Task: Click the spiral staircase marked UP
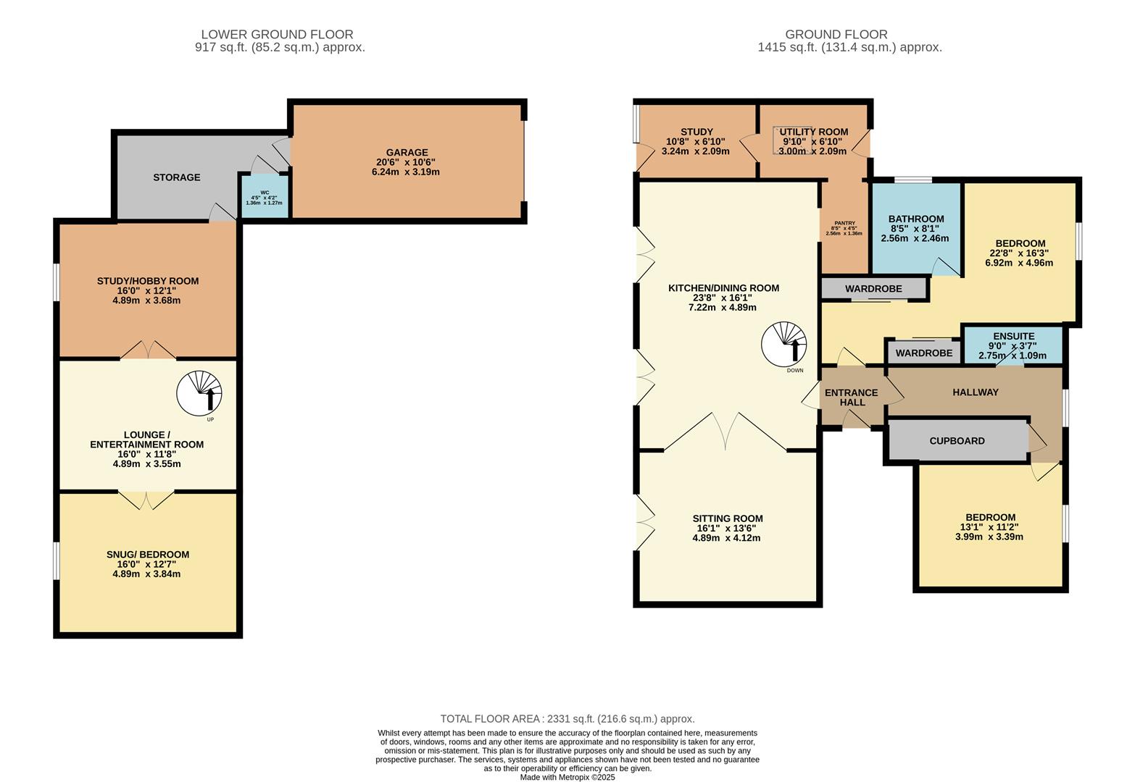click(x=199, y=394)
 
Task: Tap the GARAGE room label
click(x=407, y=153)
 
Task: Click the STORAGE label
click(x=176, y=177)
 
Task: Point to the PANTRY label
click(x=844, y=224)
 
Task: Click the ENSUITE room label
click(x=1013, y=336)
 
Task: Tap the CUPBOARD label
click(x=957, y=440)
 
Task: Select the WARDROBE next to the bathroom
click(x=873, y=289)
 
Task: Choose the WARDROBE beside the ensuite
click(x=923, y=353)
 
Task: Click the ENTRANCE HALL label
click(x=852, y=398)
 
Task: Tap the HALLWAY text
click(x=975, y=392)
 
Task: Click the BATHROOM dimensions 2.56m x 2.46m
click(x=915, y=238)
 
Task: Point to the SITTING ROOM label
click(x=728, y=518)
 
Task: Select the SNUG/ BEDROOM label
click(x=148, y=555)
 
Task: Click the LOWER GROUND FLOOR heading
click(x=277, y=34)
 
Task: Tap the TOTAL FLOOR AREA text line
click(x=567, y=719)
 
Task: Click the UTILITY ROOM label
click(x=813, y=132)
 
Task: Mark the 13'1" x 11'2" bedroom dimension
click(x=989, y=527)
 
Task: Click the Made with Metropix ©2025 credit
click(x=567, y=777)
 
